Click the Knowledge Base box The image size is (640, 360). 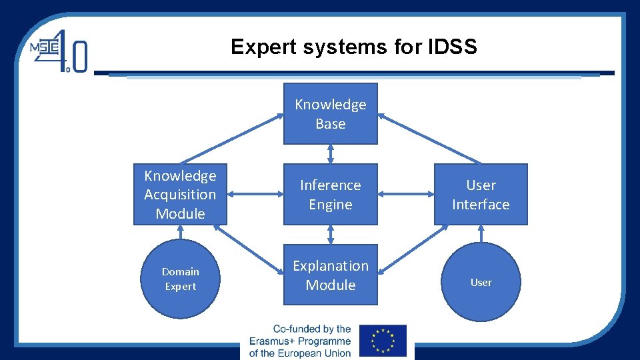click(330, 113)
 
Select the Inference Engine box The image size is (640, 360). click(330, 194)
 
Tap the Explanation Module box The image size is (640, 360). click(330, 275)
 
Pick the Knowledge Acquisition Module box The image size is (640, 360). click(180, 194)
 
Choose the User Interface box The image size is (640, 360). click(481, 194)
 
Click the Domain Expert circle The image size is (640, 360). click(180, 279)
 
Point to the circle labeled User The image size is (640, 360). click(481, 282)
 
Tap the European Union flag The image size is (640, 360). click(382, 340)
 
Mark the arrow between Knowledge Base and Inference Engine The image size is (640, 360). click(331, 154)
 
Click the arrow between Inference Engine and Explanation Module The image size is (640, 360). click(331, 235)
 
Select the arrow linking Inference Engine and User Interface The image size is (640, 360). click(406, 194)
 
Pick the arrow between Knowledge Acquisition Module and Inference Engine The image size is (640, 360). click(255, 194)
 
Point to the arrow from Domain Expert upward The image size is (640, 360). click(180, 232)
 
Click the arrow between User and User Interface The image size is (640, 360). click(481, 233)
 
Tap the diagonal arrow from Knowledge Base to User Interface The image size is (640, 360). click(429, 139)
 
